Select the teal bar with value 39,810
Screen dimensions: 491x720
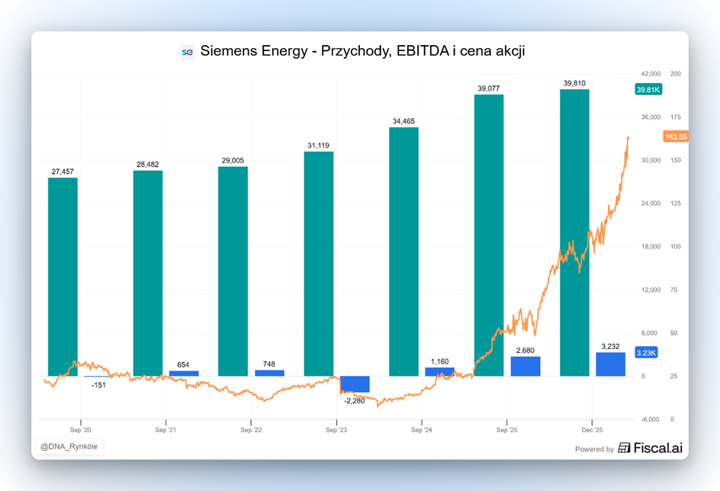(574, 233)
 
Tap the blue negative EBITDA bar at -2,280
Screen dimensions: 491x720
(355, 384)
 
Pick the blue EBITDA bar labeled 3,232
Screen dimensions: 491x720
(610, 364)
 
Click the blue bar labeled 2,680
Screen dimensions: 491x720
(526, 366)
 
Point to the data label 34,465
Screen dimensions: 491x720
(403, 120)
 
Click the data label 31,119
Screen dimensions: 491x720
(318, 145)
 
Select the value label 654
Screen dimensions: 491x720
(184, 364)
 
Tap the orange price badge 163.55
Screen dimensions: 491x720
(676, 136)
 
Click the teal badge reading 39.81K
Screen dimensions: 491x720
(648, 89)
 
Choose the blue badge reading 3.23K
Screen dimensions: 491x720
(645, 353)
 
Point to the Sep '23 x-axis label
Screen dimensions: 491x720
(336, 430)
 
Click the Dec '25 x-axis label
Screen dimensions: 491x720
(593, 430)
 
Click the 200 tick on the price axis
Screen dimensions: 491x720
(675, 74)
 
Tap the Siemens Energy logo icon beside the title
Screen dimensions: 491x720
(187, 52)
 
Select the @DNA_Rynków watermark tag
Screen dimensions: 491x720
(69, 447)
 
